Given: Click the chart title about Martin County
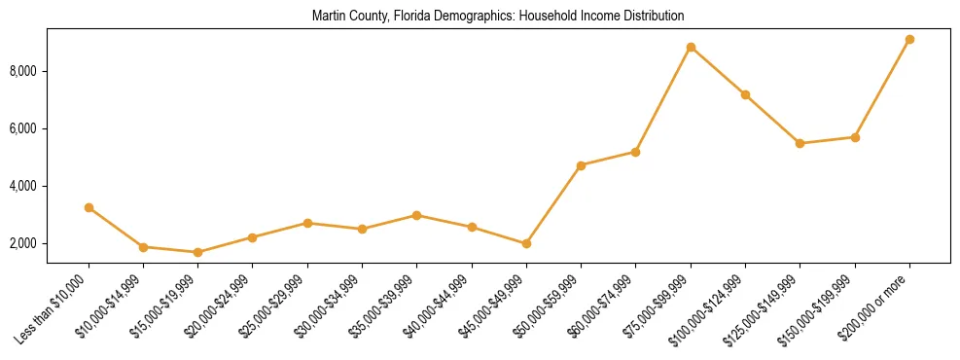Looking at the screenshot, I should click(498, 17).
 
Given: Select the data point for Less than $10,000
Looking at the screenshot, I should click(89, 207).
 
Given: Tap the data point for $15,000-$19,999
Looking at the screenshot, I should click(198, 252).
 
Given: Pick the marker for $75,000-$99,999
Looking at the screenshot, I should click(691, 47).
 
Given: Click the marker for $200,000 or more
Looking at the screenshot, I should click(909, 39).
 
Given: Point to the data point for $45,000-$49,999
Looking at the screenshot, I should click(526, 243).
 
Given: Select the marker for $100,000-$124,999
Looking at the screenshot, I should click(745, 94).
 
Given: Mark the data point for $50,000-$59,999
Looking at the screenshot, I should click(581, 165).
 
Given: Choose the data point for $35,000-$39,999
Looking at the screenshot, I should click(417, 215).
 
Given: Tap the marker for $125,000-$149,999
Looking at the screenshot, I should click(800, 143).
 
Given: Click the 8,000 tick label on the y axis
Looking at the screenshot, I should click(49, 71).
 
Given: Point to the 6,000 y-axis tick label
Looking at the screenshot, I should click(49, 128).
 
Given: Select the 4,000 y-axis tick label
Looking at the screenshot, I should click(49, 186).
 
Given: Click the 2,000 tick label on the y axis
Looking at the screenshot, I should click(49, 243).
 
